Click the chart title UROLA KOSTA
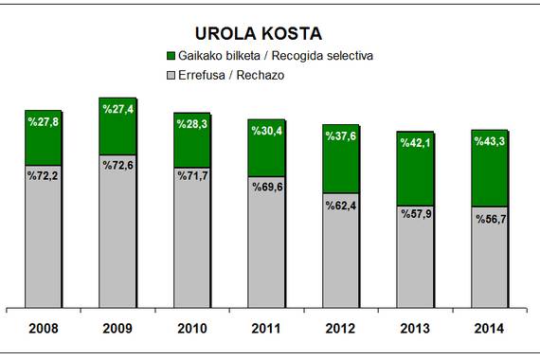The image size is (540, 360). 259,33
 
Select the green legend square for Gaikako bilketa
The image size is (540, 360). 171,56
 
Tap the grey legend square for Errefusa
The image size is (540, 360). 171,75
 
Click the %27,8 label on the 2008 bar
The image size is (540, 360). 43,121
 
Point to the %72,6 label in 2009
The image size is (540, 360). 117,166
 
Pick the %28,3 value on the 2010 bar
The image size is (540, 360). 192,124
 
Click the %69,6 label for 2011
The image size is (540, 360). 267,187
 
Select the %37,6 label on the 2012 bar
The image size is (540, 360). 341,136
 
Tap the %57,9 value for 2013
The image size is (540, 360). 416,214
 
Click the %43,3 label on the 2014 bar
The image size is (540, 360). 490,141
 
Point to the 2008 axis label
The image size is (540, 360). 44,329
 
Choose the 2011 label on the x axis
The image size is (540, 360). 266,329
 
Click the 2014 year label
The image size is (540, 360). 489,329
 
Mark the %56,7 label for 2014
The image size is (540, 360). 491,219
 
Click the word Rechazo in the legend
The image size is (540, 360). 261,75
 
